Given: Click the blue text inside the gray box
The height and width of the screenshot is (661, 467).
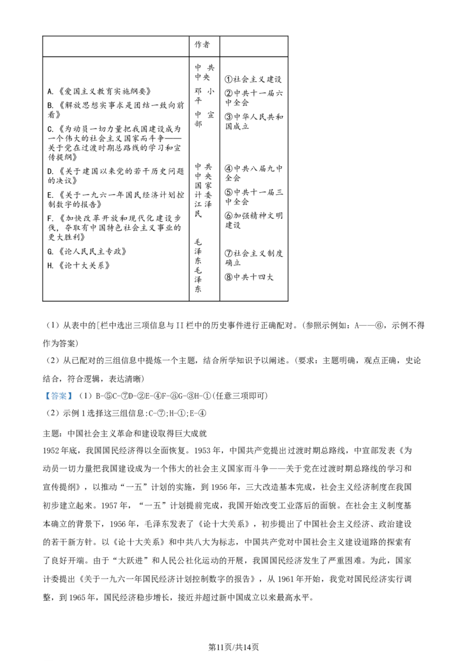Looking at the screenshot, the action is (x=58, y=396).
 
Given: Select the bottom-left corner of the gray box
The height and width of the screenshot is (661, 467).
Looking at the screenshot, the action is (x=43, y=402).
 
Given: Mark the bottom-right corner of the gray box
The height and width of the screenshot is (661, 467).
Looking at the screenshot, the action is (x=74, y=402).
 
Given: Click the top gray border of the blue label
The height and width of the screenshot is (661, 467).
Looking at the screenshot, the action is (x=58, y=389).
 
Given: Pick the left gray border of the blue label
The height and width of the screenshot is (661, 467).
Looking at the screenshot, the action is (x=43, y=396).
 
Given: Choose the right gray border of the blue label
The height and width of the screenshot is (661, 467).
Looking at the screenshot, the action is (x=74, y=396).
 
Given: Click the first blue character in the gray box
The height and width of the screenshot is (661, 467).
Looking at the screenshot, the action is (x=48, y=396).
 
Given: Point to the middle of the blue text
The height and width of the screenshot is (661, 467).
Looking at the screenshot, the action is (x=58, y=396).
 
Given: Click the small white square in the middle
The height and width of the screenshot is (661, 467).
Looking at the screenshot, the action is (x=166, y=357).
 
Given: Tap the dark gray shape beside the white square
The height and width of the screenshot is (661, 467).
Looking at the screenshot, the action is (x=170, y=357).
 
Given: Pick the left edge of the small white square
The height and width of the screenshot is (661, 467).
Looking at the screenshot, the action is (x=164, y=357).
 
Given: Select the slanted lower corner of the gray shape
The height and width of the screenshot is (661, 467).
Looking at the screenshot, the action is (x=170, y=359).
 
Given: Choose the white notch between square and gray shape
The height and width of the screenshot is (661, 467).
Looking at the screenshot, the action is (x=169, y=356).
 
